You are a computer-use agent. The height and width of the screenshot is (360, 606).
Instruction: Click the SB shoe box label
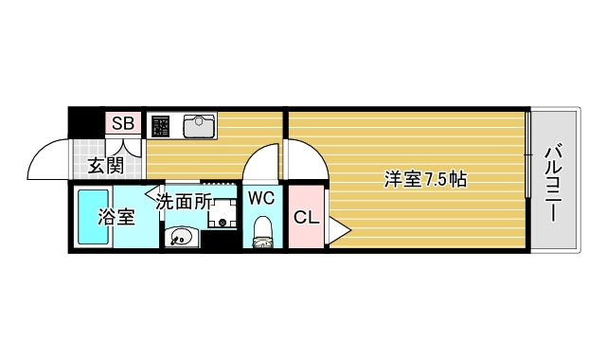122,123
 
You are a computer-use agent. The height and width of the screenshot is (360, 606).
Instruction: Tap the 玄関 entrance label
105,167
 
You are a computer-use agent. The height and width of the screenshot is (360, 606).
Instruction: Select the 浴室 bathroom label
116,216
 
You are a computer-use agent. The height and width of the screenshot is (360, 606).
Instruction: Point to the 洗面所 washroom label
184,201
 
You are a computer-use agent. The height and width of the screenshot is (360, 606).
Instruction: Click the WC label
261,198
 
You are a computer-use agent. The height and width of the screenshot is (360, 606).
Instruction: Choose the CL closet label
305,217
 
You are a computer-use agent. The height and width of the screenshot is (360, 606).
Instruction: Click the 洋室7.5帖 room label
425,177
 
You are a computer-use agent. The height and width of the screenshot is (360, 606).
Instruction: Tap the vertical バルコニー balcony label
555,181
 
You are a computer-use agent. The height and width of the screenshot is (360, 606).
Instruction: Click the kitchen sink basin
199,125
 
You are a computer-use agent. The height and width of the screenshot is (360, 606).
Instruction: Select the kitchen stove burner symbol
160,125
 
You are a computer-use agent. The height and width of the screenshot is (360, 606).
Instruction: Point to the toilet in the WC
262,232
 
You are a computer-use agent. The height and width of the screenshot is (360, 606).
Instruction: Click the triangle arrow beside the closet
339,229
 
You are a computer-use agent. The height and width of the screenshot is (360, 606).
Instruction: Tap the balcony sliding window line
527,155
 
